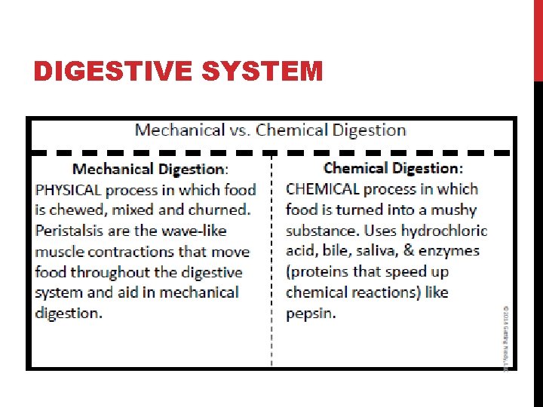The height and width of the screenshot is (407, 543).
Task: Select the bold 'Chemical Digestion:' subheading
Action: coord(393,167)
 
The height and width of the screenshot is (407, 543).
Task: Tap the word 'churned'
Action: coord(219,210)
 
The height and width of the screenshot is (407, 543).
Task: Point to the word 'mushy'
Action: coord(451,210)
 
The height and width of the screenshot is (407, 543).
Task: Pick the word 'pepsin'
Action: coord(309,313)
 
